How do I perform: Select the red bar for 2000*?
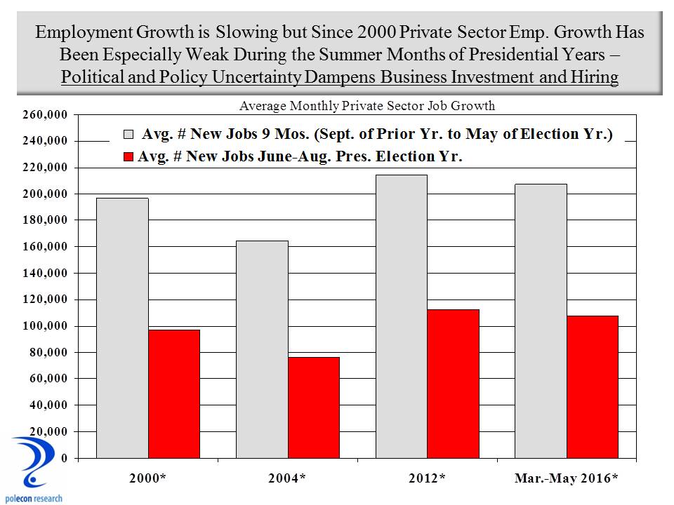click(174, 393)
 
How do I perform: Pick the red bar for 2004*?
click(314, 408)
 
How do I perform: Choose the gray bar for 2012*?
click(401, 316)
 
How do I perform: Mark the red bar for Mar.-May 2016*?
click(593, 386)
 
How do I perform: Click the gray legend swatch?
click(129, 134)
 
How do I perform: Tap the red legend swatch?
click(129, 156)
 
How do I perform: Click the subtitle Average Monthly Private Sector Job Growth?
click(367, 106)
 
